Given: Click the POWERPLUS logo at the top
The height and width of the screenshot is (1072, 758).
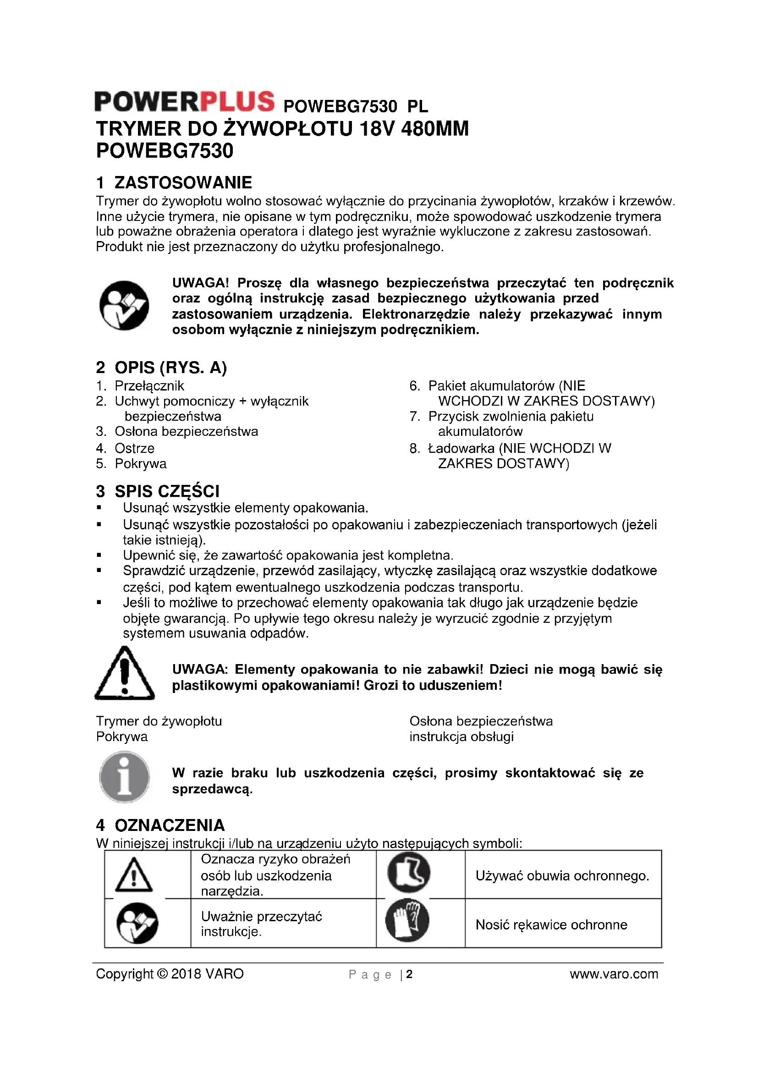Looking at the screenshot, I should pyautogui.click(x=184, y=102).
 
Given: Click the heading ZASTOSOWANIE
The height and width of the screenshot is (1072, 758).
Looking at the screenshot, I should pyautogui.click(x=182, y=182).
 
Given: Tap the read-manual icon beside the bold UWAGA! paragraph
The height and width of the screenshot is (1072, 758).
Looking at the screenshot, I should pyautogui.click(x=124, y=305).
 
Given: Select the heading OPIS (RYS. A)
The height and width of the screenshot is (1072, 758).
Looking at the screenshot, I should pyautogui.click(x=170, y=368).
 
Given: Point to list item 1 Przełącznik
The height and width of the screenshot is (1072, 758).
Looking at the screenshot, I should pyautogui.click(x=149, y=385).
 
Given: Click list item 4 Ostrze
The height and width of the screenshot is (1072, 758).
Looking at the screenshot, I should pyautogui.click(x=134, y=448).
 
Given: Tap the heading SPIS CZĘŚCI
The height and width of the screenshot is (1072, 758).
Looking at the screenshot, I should pyautogui.click(x=167, y=491).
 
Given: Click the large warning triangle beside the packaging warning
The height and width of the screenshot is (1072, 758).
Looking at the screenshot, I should pyautogui.click(x=124, y=673).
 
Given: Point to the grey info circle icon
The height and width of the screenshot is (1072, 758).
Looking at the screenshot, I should pyautogui.click(x=124, y=777).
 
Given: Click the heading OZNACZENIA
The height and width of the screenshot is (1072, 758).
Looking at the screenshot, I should pyautogui.click(x=170, y=825).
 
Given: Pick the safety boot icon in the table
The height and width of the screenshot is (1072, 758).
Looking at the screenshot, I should pyautogui.click(x=409, y=873).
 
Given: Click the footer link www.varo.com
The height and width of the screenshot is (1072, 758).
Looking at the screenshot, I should pyautogui.click(x=614, y=974).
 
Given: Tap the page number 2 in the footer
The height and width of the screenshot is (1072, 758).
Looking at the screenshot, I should pyautogui.click(x=409, y=974).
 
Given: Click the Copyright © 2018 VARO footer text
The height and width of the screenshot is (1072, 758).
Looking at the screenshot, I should pyautogui.click(x=170, y=974).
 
